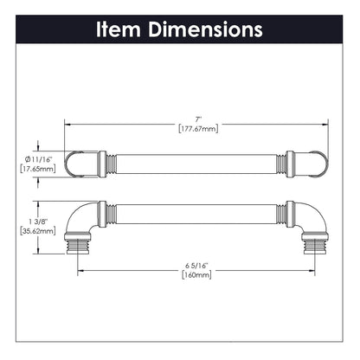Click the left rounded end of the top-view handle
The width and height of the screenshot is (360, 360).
click(74, 163)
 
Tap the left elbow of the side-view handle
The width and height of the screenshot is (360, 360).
click(84, 219)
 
